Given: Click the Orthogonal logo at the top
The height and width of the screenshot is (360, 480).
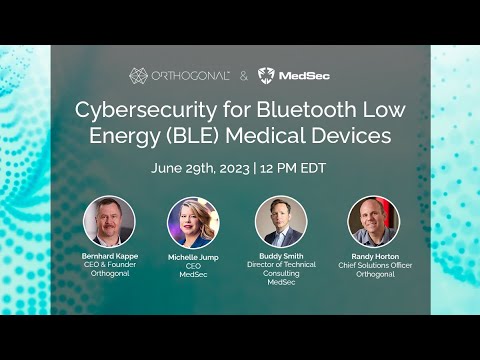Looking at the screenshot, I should tap(180, 75).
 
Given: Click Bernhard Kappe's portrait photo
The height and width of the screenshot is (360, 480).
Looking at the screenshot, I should tap(108, 221).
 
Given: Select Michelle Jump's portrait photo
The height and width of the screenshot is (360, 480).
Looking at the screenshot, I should tap(193, 221).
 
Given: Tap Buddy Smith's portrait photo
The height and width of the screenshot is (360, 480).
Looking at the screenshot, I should tap(281, 221).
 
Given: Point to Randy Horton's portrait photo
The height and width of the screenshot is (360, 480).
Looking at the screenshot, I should tap(373, 221).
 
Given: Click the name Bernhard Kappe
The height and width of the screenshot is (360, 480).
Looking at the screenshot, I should tap(108, 256).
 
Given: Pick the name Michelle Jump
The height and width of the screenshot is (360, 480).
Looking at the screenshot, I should tap(193, 256).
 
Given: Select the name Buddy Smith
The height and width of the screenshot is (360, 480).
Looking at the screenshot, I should tap(281, 256).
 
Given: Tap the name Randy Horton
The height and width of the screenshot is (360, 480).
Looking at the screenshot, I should tap(373, 256).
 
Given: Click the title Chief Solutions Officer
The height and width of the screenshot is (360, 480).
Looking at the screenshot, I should tap(373, 265).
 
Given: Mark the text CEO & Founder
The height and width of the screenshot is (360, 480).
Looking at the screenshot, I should tap(108, 265).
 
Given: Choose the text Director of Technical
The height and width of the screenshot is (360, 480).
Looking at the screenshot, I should tap(281, 265).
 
